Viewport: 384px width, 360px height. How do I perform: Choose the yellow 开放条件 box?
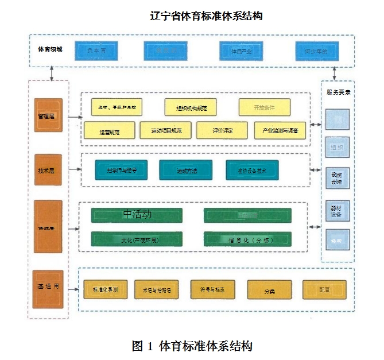click(264, 107)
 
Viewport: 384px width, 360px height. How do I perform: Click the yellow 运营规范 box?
click(109, 131)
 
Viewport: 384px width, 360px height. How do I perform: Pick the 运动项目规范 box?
click(165, 131)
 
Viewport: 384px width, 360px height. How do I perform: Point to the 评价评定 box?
click(222, 131)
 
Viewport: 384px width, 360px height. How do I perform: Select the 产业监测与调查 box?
click(280, 131)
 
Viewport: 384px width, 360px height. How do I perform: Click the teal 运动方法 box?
click(185, 170)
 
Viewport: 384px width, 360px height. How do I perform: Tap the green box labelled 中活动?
click(137, 215)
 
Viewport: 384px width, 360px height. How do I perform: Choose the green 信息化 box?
click(247, 239)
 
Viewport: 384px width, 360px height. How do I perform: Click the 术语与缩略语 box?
click(156, 291)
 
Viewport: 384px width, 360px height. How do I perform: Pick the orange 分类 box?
click(269, 291)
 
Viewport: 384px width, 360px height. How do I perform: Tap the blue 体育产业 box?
click(241, 52)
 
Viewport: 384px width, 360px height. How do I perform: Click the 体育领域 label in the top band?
click(51, 49)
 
